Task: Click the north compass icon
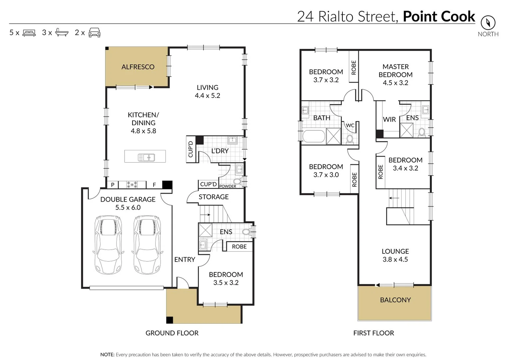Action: point(488,23)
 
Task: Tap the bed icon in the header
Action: point(29,33)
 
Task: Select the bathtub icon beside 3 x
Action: point(62,32)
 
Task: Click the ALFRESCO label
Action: point(138,67)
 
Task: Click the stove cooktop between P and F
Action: point(132,185)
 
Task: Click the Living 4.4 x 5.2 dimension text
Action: point(207,96)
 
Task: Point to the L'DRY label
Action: point(220,151)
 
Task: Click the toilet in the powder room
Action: point(237,182)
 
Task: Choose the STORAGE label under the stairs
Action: point(214,197)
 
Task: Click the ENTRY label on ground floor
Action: point(185,260)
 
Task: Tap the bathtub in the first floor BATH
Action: point(313,136)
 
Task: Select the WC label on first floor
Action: point(350,126)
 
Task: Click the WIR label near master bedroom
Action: point(389,119)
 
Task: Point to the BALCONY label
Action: point(395,300)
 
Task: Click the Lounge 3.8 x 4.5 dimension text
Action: point(395,260)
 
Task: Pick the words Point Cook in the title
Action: point(439,16)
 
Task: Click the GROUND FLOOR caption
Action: point(172,333)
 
